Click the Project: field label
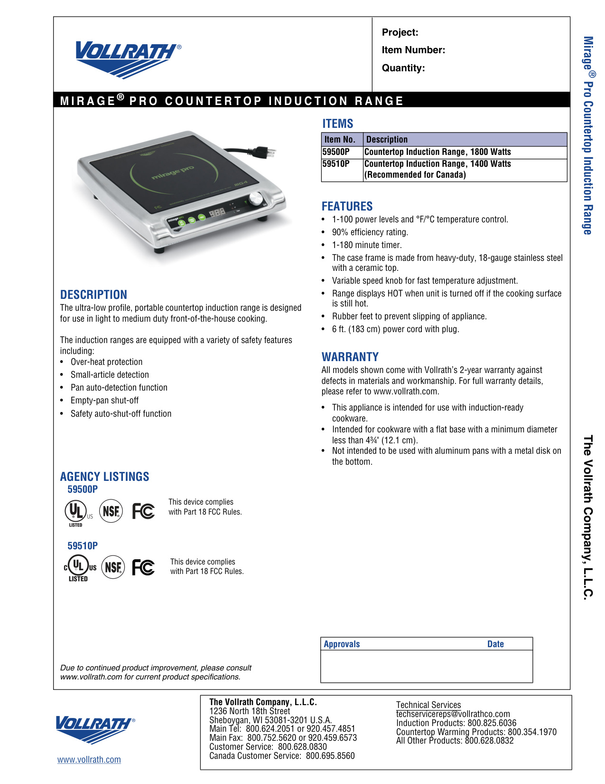click(x=400, y=32)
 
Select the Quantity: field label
click(x=403, y=68)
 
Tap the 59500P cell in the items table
click(x=336, y=152)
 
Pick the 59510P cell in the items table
click(x=336, y=164)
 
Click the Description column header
click(x=387, y=140)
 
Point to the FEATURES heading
click(x=347, y=207)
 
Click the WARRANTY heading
click(x=350, y=357)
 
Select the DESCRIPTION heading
click(x=93, y=295)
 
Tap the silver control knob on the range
click(x=256, y=198)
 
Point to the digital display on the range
click(x=217, y=212)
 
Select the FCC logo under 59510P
click(x=143, y=567)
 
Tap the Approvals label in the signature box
click(x=342, y=644)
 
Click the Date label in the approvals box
click(x=495, y=644)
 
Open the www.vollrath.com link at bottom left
click(x=89, y=760)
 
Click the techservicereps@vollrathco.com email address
click(x=453, y=714)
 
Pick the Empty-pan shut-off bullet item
click(x=104, y=401)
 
